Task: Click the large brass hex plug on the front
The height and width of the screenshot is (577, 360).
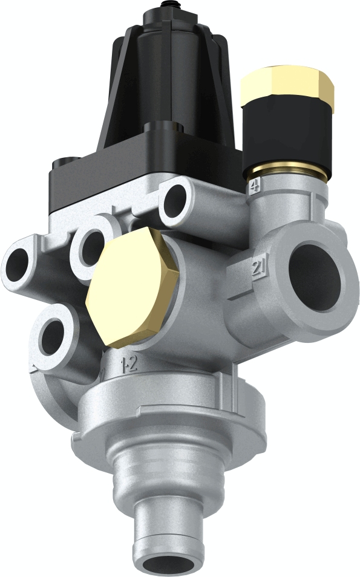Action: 131,287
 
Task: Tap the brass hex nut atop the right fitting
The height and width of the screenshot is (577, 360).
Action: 287,88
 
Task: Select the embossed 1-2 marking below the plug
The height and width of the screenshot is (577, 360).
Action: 129,363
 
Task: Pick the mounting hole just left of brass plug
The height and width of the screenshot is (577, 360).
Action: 91,248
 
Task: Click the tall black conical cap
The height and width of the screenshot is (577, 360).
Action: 171,73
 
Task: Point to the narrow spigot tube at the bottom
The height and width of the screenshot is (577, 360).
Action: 168,532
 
